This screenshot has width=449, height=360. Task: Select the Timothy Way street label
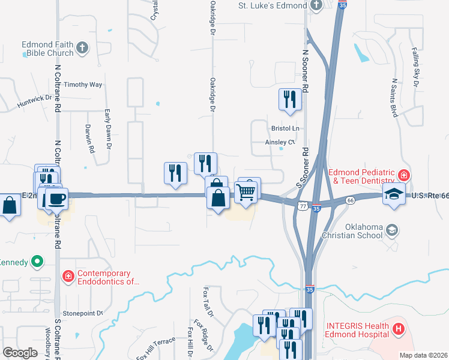point(83,85)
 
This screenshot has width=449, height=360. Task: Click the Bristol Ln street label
point(285,128)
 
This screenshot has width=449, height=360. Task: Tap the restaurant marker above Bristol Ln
point(291,100)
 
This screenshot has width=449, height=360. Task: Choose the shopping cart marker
point(247,192)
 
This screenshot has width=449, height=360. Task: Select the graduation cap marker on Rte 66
point(394,193)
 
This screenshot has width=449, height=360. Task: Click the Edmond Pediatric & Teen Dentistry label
point(363,176)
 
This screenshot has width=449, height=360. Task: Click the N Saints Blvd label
point(394,97)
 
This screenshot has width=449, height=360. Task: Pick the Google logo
point(20,353)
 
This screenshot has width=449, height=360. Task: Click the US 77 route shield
point(303,205)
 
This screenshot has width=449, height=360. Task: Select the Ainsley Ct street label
point(281,143)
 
